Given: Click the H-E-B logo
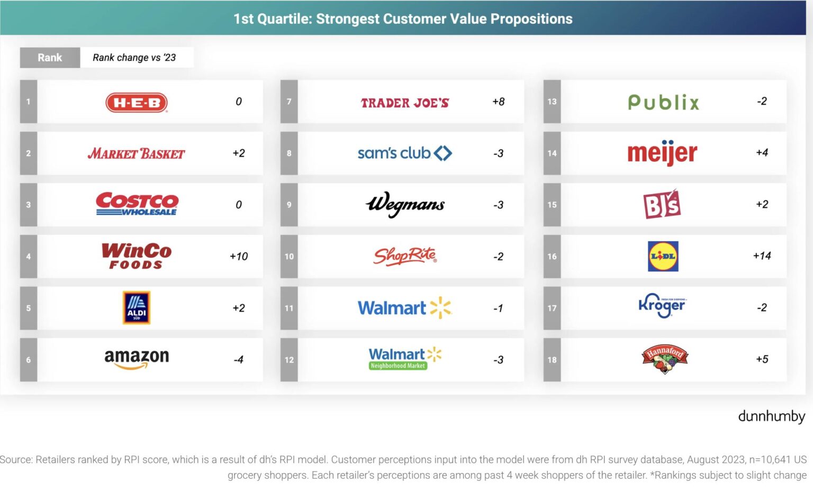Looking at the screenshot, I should pyautogui.click(x=137, y=103).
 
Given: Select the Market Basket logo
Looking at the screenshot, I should pyautogui.click(x=136, y=154).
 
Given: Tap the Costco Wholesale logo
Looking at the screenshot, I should pyautogui.click(x=137, y=204).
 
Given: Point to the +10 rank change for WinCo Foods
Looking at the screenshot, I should pyautogui.click(x=239, y=257).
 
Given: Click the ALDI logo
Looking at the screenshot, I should pyautogui.click(x=137, y=307).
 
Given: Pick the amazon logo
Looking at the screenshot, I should pyautogui.click(x=137, y=358).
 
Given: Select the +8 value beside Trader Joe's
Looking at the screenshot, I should pyautogui.click(x=498, y=102).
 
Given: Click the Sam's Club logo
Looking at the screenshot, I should pyautogui.click(x=404, y=153).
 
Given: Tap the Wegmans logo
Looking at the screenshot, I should pyautogui.click(x=405, y=204).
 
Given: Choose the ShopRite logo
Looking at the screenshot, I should pyautogui.click(x=405, y=256).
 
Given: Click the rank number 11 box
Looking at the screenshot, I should pyautogui.click(x=289, y=308).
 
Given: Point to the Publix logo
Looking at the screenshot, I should pyautogui.click(x=663, y=102).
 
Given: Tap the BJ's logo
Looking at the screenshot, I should pyautogui.click(x=662, y=204).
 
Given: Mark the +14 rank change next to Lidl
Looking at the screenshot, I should pyautogui.click(x=762, y=256).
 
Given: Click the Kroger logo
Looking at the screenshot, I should pyautogui.click(x=662, y=306).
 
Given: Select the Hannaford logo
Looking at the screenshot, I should pyautogui.click(x=664, y=359).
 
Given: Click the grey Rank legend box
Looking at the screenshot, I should pyautogui.click(x=50, y=58).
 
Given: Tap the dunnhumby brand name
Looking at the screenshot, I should pyautogui.click(x=771, y=417).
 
